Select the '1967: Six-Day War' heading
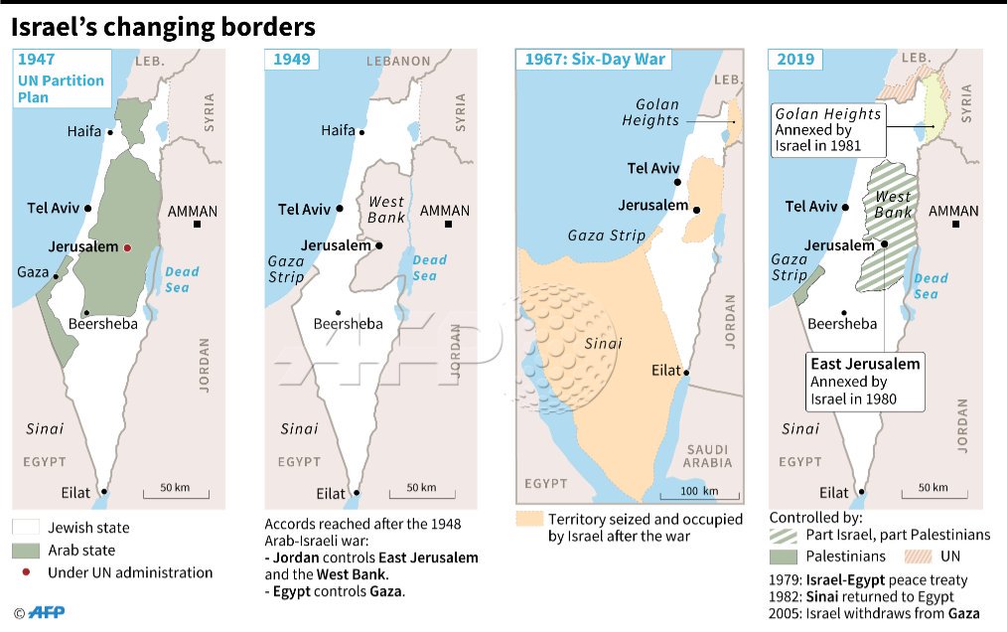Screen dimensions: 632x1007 [x=595, y=59]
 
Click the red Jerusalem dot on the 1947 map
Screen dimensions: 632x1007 [x=127, y=247]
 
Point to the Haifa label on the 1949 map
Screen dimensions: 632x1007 [x=339, y=131]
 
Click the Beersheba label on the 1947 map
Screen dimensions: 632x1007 [x=102, y=323]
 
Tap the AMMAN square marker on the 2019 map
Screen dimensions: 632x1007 [x=956, y=225]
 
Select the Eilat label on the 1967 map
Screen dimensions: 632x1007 [x=665, y=371]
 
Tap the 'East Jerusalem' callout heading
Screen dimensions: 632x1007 [x=865, y=364]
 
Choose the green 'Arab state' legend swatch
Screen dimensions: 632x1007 [x=26, y=551]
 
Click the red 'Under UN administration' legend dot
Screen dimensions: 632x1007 [x=26, y=573]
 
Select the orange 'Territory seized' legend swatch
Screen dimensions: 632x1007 [x=530, y=519]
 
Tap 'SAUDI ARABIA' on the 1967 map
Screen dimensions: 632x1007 [x=707, y=455]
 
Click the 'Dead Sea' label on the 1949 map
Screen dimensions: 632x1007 [x=430, y=267]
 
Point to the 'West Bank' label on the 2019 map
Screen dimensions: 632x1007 [x=893, y=205]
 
